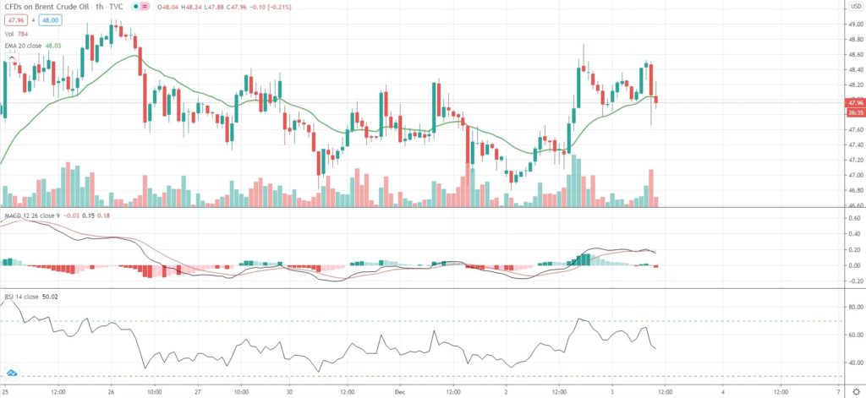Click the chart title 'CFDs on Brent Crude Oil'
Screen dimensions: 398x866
coord(45,7)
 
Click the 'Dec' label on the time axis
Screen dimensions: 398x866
coord(403,391)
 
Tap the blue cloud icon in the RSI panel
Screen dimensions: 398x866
coord(13,372)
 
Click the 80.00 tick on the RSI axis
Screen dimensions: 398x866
coord(853,307)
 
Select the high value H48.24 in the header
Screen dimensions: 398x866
coord(178,7)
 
